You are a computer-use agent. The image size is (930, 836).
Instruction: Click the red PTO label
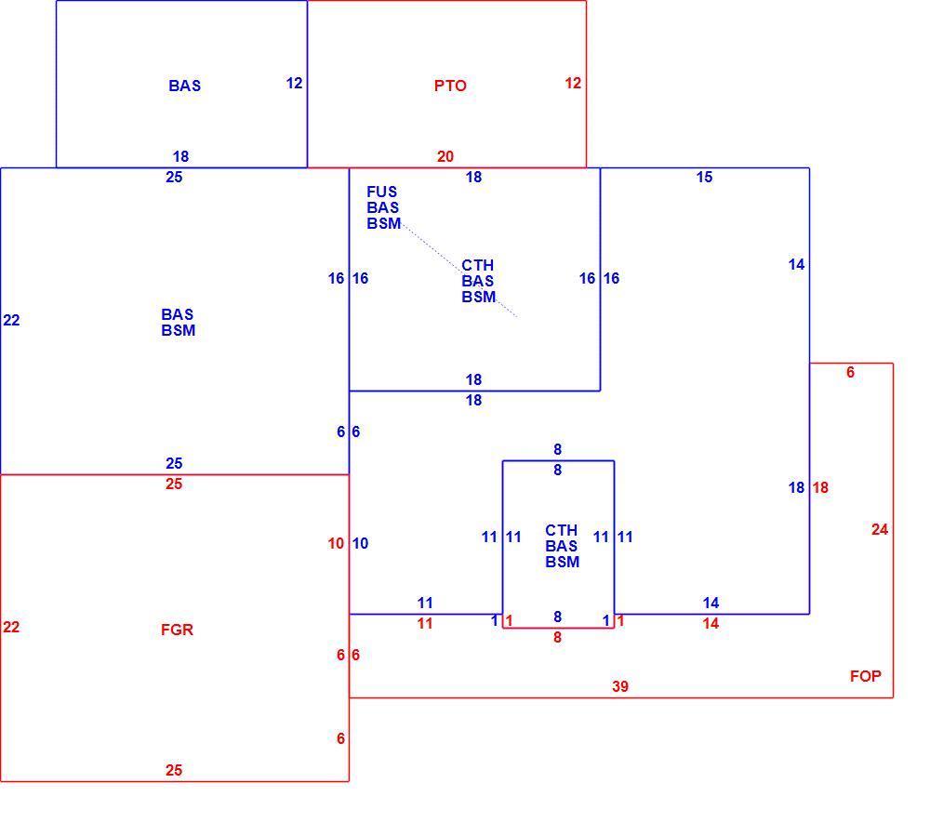click(x=450, y=86)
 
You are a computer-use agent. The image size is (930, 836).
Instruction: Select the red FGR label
click(x=177, y=630)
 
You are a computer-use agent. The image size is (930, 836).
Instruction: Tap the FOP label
click(x=865, y=676)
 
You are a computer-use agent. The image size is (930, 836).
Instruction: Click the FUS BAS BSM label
click(x=383, y=207)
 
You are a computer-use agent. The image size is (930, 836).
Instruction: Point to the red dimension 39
click(x=619, y=686)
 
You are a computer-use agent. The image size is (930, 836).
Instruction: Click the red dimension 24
click(x=880, y=529)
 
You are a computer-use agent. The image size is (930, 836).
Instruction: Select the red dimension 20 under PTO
click(x=445, y=156)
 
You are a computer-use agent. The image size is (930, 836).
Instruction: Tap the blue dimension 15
click(x=704, y=178)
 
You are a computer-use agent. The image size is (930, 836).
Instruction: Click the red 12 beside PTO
click(x=573, y=83)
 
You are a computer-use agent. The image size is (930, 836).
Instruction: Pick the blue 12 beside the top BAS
click(x=294, y=83)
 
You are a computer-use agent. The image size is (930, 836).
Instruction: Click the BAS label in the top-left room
click(x=184, y=86)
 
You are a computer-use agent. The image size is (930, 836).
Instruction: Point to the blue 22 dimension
click(x=11, y=320)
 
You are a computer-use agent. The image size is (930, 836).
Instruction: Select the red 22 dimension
click(x=11, y=628)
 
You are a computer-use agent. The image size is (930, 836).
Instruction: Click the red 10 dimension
click(x=336, y=543)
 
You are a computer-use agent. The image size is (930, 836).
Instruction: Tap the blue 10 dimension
click(x=360, y=543)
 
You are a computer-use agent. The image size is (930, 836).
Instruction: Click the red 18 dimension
click(x=820, y=487)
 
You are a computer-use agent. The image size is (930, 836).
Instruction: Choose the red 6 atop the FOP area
click(x=851, y=372)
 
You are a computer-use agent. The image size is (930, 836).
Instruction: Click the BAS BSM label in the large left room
click(x=178, y=323)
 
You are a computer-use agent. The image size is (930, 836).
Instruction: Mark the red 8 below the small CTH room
click(x=557, y=637)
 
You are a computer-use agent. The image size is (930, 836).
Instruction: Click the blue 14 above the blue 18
click(x=797, y=264)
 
